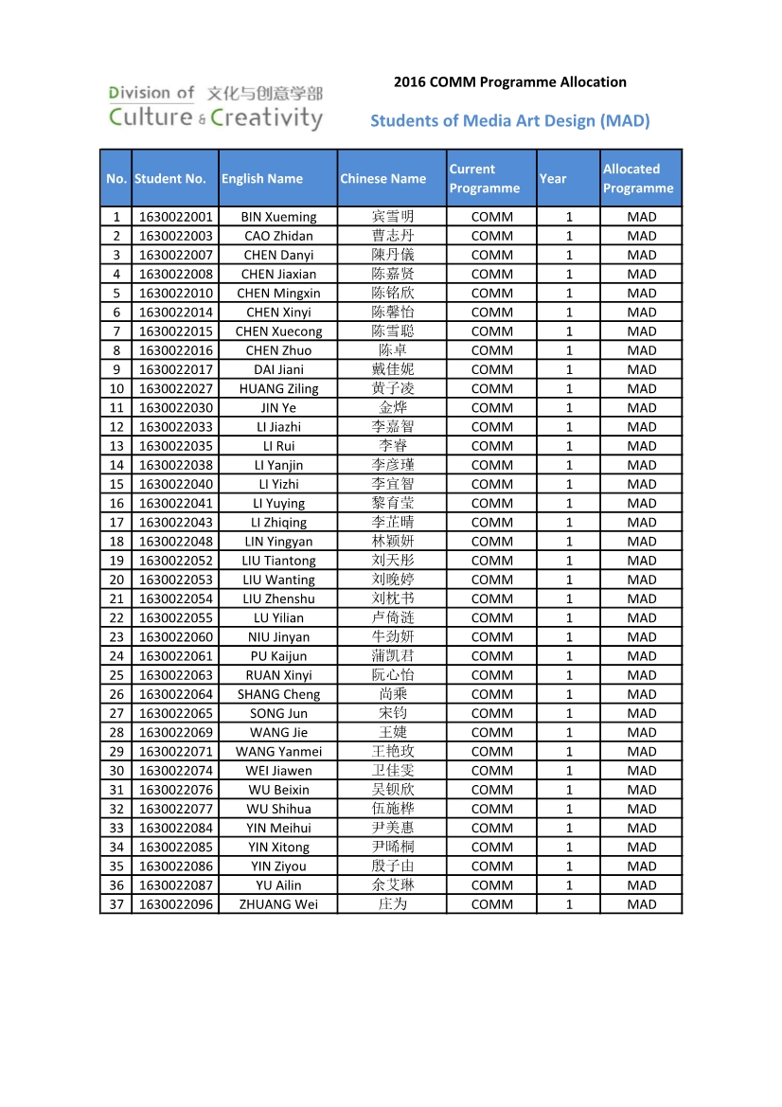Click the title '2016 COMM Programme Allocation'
[x=509, y=82]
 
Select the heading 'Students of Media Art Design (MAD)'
[x=509, y=120]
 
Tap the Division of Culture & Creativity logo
[x=215, y=107]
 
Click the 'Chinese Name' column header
[x=383, y=178]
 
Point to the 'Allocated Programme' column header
[x=638, y=178]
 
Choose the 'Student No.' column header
[x=170, y=178]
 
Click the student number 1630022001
[x=176, y=217]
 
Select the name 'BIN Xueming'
[x=278, y=217]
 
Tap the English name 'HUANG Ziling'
[x=278, y=388]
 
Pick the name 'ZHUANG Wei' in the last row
[x=278, y=904]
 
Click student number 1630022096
[x=176, y=904]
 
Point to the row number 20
[x=116, y=580]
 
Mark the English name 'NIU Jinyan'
[x=278, y=637]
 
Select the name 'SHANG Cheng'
[x=278, y=694]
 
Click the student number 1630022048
[x=176, y=542]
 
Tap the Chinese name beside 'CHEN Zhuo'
[x=392, y=350]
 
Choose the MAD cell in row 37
[x=641, y=904]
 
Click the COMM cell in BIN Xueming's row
[x=491, y=217]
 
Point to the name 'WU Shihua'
[x=278, y=809]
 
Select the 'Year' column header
[x=553, y=178]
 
